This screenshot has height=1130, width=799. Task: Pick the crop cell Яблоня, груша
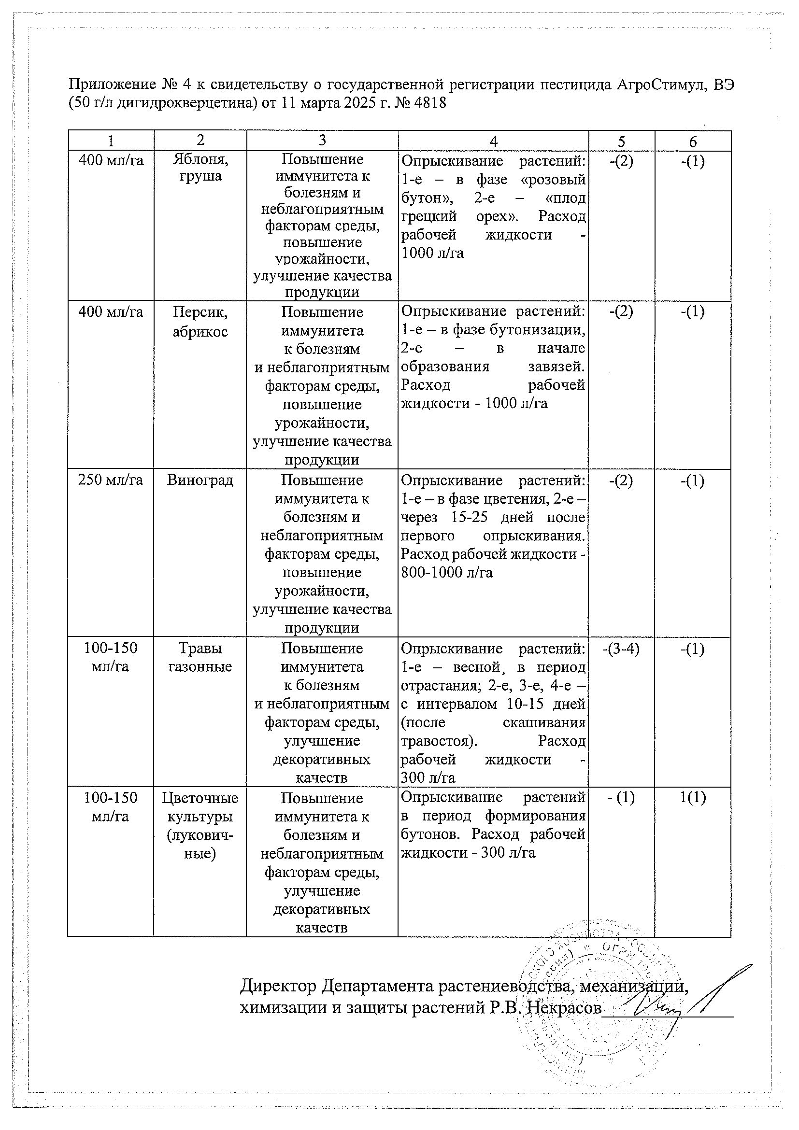point(200,168)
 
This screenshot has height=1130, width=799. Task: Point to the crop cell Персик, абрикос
point(200,322)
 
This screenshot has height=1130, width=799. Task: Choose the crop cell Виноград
point(200,480)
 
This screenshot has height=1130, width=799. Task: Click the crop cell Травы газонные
point(200,657)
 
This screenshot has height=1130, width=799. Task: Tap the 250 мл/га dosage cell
point(111,480)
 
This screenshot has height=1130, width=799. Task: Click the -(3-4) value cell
point(621,649)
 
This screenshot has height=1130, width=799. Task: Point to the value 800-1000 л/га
point(447,572)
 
